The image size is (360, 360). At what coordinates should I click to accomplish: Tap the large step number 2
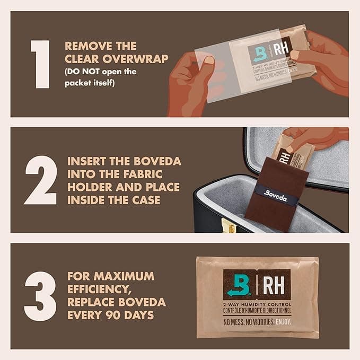[40, 180]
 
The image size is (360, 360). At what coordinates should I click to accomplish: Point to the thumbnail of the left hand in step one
[208, 61]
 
